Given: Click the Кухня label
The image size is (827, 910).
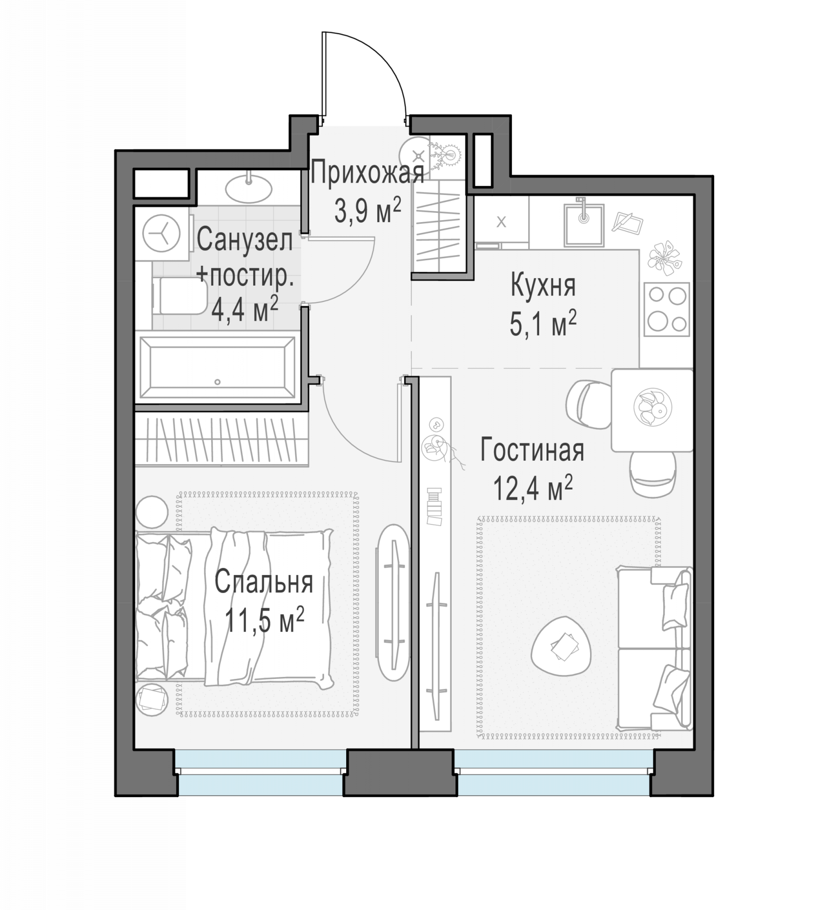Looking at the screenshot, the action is (543, 286).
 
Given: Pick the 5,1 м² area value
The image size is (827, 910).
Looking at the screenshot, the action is (543, 324).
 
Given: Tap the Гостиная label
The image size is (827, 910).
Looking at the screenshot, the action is (532, 450).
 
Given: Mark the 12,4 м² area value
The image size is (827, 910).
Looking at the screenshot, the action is (533, 487).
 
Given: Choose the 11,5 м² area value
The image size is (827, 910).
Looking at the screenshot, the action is (264, 619).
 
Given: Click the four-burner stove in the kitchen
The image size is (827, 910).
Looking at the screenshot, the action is (666, 309).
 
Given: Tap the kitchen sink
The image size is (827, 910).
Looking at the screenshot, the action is (584, 225).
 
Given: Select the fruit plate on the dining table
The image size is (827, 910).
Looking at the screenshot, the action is (652, 407).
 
